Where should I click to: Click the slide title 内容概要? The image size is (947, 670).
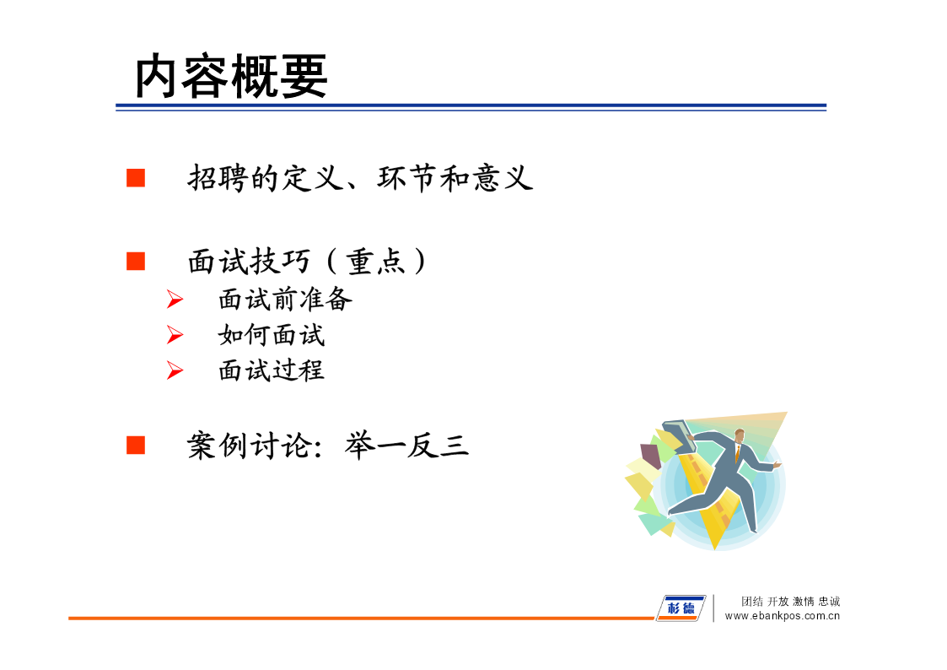point(231,76)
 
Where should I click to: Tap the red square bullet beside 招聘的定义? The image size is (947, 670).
point(136,178)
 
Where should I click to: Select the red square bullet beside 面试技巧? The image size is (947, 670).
point(136,262)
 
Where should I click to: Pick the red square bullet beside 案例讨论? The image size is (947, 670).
point(136,446)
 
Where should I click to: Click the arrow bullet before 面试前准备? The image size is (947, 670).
point(175,299)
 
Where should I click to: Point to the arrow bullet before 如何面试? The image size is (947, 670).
point(175,335)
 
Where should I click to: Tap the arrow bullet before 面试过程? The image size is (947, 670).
point(175,370)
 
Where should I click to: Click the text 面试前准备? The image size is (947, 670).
point(285,299)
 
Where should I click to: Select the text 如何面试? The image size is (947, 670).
point(272,335)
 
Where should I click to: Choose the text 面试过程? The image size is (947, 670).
point(272,370)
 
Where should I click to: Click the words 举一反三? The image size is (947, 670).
point(407,446)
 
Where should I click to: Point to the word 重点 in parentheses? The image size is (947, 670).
point(375,262)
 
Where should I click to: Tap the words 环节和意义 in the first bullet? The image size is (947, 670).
point(455,178)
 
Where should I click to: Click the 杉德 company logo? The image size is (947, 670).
point(681,608)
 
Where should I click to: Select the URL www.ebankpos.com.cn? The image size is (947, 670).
point(782,616)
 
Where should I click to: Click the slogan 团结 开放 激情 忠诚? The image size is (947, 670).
point(791,601)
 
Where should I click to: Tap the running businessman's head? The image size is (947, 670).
point(740,436)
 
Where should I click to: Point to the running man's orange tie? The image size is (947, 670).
point(738,453)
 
